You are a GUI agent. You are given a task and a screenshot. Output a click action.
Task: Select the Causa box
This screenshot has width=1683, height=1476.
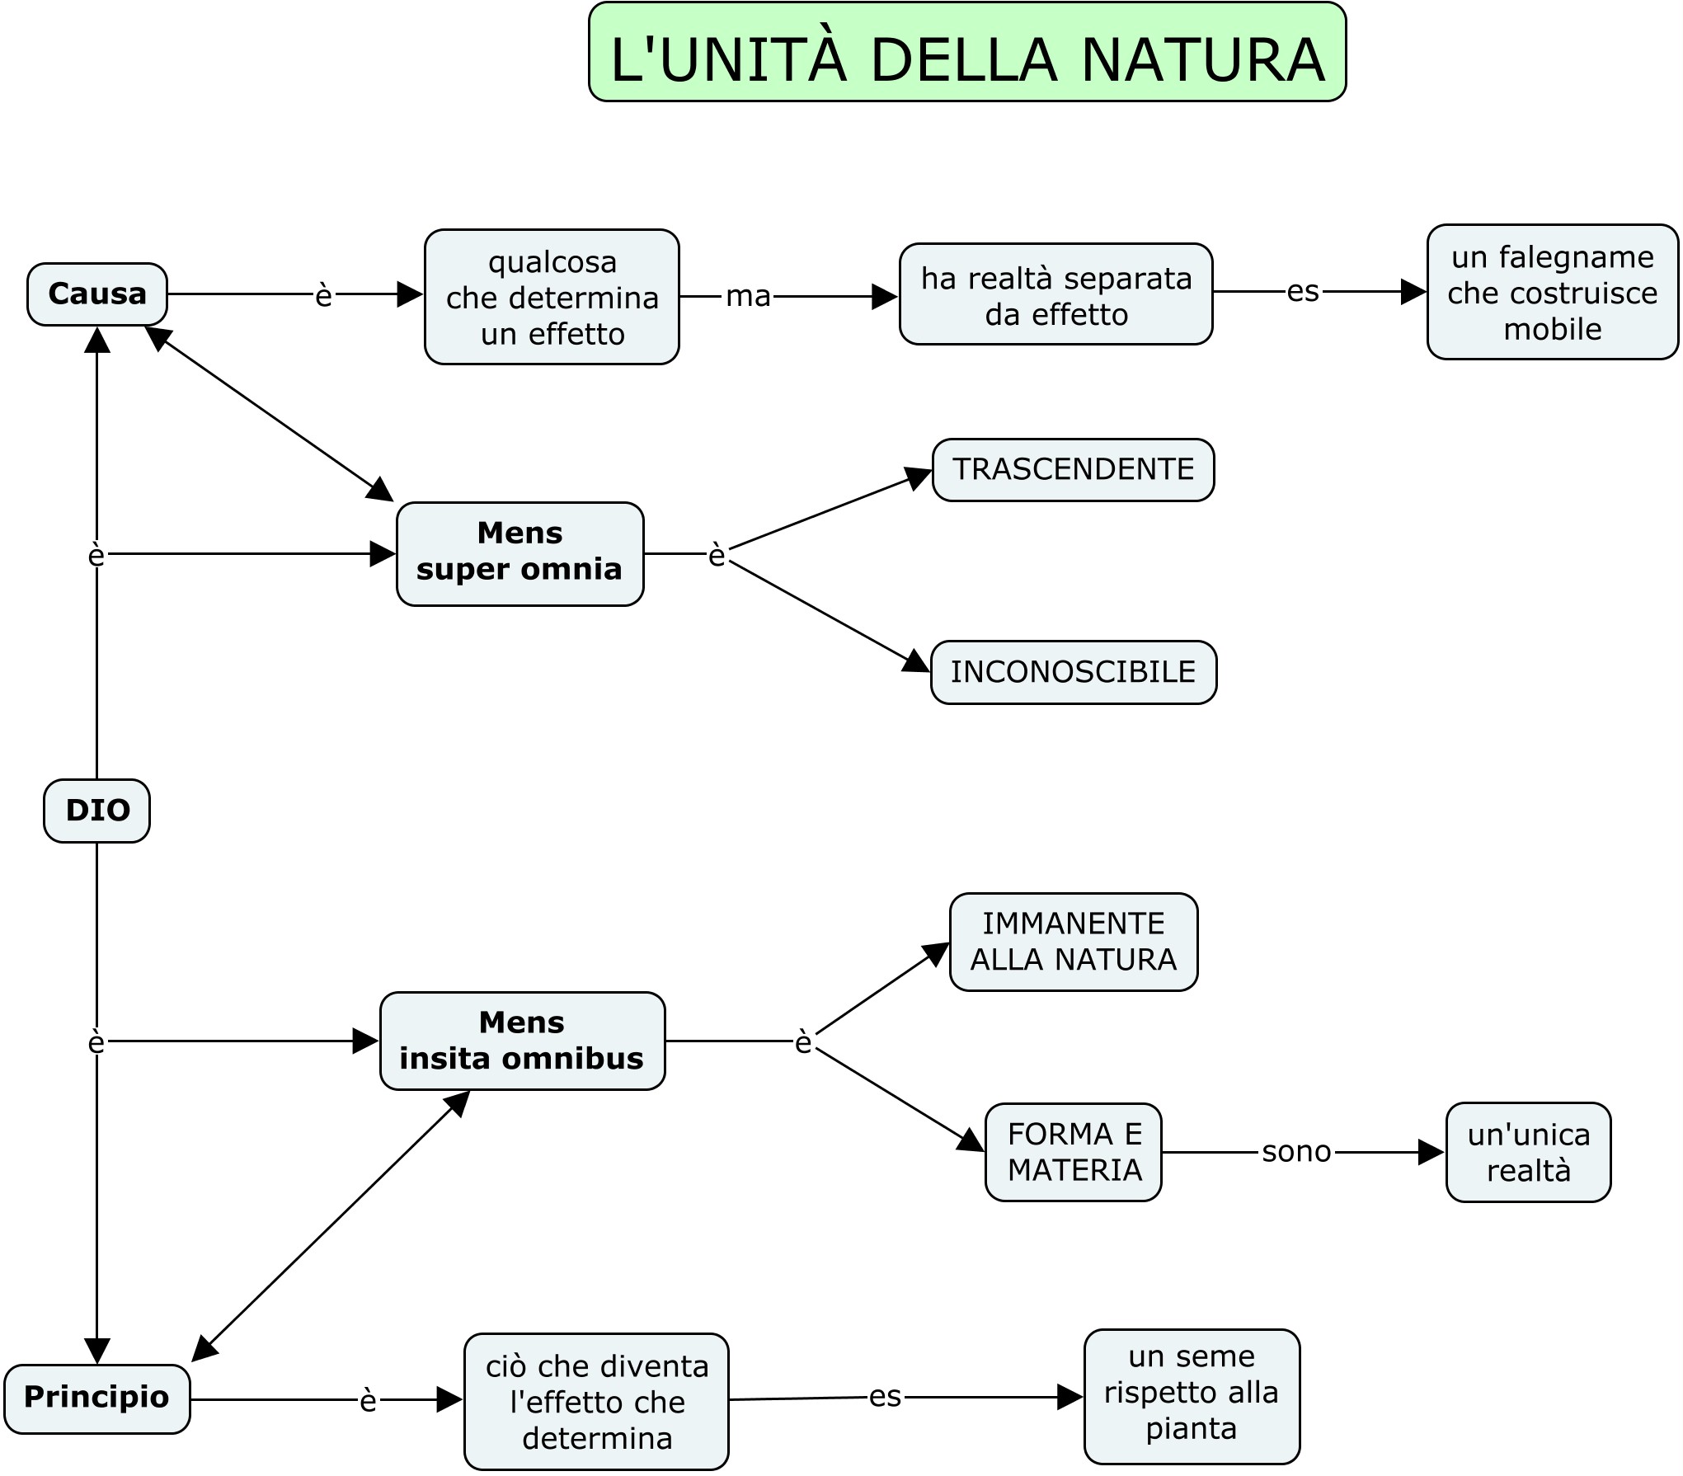(x=97, y=294)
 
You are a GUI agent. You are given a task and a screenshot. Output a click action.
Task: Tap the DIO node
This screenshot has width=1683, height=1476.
(x=97, y=811)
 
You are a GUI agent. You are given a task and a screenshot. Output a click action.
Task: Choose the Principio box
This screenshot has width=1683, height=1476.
(x=96, y=1397)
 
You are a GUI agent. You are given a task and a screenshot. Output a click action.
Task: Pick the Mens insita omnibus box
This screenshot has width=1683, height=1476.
(x=522, y=1041)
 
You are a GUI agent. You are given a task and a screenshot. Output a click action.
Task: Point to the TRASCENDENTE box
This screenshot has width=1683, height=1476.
(x=1073, y=469)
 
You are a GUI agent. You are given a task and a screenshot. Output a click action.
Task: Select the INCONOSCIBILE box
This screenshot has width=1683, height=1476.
(x=1073, y=672)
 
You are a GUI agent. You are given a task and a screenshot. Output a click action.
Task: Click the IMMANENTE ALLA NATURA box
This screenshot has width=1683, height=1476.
(x=1073, y=942)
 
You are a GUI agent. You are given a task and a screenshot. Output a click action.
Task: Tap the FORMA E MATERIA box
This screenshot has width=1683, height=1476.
(x=1074, y=1152)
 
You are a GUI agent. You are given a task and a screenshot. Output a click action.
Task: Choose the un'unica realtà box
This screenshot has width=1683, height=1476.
(x=1528, y=1153)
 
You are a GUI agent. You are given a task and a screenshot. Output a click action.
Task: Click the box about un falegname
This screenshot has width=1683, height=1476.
(x=1552, y=293)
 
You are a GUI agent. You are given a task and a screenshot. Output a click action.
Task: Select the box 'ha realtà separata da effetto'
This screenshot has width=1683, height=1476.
(x=1055, y=294)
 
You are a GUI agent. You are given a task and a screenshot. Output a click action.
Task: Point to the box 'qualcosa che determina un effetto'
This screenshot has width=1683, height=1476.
(x=552, y=298)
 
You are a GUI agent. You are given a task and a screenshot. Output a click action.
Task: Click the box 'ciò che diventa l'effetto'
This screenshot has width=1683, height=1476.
(x=596, y=1402)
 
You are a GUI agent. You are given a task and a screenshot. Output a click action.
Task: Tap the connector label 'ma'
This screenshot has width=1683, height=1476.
(x=747, y=296)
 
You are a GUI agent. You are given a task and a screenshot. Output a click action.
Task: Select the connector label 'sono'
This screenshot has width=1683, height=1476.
(x=1296, y=1152)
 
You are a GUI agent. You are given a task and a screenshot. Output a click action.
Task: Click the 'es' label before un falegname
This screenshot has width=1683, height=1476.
(x=1303, y=291)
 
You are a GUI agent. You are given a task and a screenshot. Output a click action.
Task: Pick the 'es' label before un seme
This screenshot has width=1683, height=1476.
(x=885, y=1396)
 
